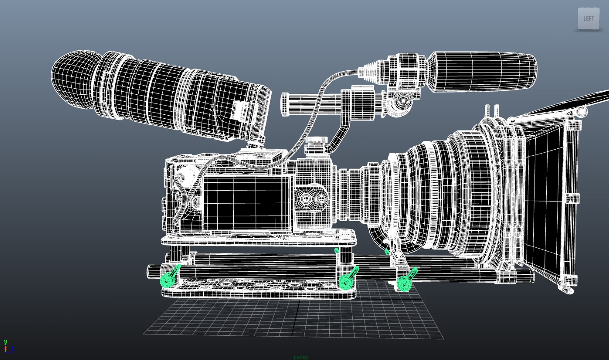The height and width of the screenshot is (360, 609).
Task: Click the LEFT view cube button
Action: pyautogui.click(x=588, y=19)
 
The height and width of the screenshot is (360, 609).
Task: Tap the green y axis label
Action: pyautogui.click(x=5, y=342)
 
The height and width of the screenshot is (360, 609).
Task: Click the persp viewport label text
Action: pyautogui.click(x=301, y=357)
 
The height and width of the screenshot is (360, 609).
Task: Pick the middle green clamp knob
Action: pyautogui.click(x=346, y=282)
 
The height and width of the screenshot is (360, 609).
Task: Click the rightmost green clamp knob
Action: pyautogui.click(x=404, y=284)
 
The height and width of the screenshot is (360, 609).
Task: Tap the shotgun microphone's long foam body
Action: pyautogui.click(x=483, y=71)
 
